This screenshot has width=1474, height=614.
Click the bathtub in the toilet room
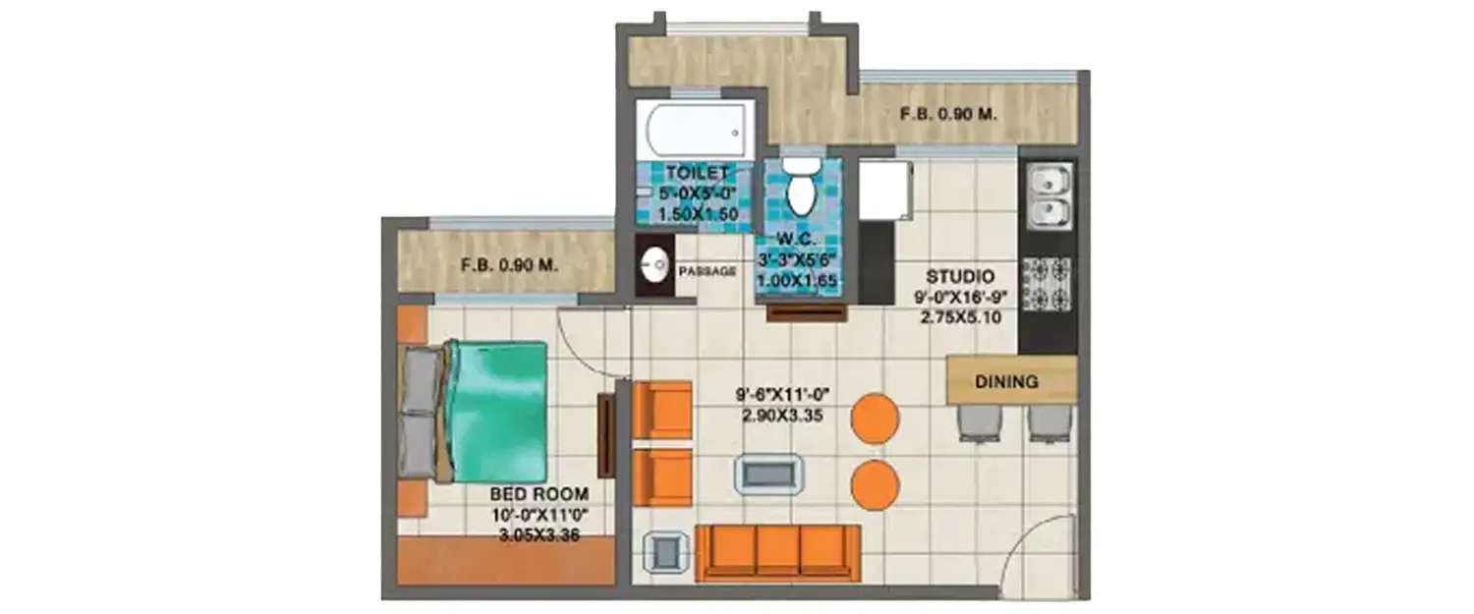click(x=695, y=129)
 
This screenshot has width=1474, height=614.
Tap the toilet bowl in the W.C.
click(x=802, y=189)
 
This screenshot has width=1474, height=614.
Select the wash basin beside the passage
click(x=655, y=264)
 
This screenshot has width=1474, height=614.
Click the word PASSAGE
click(x=708, y=271)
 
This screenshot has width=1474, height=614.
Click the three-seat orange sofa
click(x=777, y=552)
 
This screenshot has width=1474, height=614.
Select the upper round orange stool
click(x=875, y=418)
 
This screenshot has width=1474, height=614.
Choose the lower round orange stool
click(x=875, y=484)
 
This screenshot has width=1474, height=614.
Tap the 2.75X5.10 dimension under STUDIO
click(x=960, y=317)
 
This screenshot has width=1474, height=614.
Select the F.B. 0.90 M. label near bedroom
click(x=509, y=264)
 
